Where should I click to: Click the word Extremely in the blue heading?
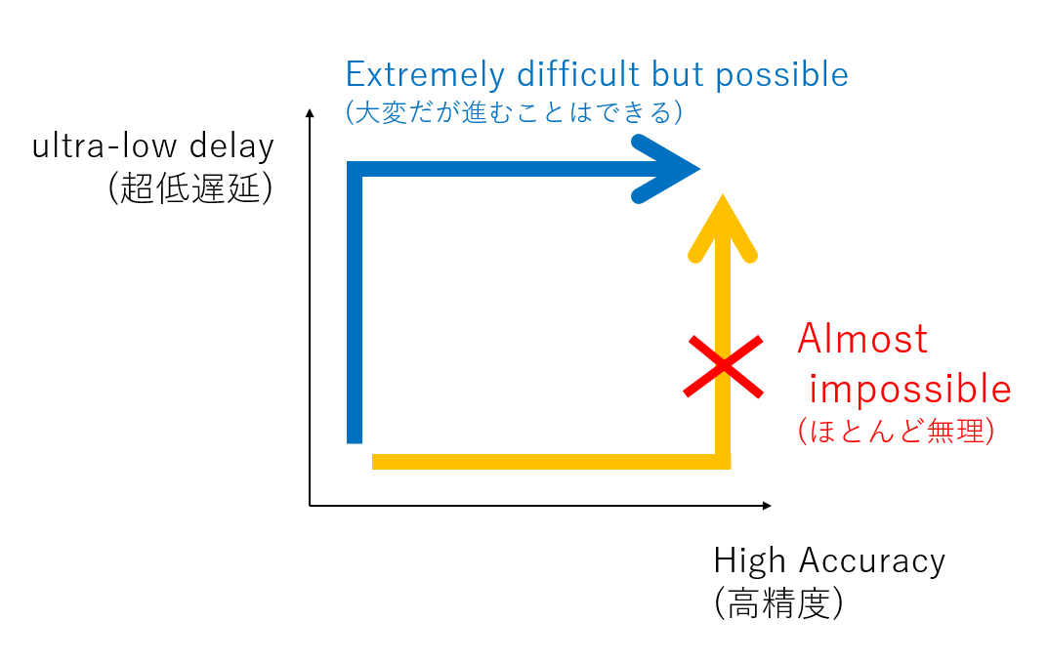pos(425,75)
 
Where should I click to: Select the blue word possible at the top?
pos(781,75)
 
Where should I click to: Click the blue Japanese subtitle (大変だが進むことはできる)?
pos(514,111)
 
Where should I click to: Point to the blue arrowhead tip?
pos(699,169)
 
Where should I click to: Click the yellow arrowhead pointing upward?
pos(723,228)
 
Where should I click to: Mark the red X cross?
pos(723,366)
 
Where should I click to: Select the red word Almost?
pos(862,339)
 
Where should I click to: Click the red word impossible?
pos(910,389)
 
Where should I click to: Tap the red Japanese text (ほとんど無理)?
pos(896,431)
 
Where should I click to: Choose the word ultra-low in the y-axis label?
pos(105,145)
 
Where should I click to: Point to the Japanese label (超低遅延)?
pos(190,187)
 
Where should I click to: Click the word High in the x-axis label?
pos(749,560)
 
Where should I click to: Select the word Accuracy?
pos(871,560)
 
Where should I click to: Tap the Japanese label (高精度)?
pos(778,603)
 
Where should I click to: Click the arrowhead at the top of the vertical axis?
pos(310,113)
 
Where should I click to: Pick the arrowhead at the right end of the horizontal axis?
pos(767,506)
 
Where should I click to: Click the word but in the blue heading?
pos(678,73)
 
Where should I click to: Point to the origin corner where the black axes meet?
pos(310,506)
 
